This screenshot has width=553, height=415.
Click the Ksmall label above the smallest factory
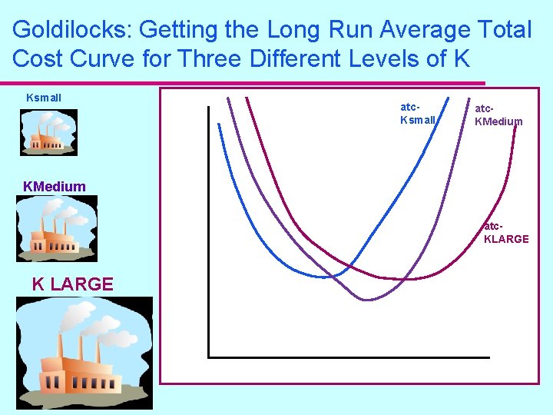(44, 98)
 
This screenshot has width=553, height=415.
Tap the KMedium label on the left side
(55, 186)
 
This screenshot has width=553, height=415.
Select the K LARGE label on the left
(73, 284)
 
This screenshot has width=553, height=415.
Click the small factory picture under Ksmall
(48, 132)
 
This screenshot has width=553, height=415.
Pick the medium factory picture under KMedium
(57, 228)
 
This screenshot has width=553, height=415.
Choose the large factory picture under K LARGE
(84, 353)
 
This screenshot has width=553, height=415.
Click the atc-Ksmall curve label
(418, 114)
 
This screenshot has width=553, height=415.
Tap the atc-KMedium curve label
(498, 115)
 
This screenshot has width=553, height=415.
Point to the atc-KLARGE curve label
(505, 233)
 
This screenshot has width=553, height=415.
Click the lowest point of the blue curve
(332, 276)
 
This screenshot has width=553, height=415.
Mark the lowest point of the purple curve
(367, 299)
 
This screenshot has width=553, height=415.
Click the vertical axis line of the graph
(208, 231)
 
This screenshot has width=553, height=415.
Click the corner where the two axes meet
(209, 357)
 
